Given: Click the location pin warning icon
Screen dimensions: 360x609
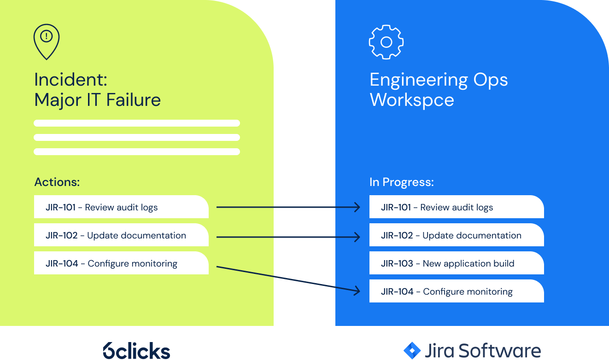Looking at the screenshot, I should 47,41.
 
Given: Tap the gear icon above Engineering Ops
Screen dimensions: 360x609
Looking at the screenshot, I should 386,42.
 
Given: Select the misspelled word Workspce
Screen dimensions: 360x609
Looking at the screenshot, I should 412,100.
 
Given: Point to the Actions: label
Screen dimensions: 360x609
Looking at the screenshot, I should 57,182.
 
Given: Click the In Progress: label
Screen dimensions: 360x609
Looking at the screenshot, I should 401,182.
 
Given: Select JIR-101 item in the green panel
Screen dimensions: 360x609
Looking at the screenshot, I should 121,207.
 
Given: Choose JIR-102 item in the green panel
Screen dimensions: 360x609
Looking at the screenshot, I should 121,235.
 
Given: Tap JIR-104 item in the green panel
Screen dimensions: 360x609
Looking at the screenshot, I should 121,263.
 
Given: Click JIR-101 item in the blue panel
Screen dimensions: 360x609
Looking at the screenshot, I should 456,207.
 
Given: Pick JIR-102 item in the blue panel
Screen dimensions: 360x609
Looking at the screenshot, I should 456,235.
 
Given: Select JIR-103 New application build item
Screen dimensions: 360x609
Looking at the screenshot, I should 456,263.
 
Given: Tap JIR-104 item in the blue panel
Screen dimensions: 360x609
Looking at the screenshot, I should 456,291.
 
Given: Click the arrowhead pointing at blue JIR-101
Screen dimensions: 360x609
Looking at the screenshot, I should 357,207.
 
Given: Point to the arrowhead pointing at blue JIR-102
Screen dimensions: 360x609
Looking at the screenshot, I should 357,237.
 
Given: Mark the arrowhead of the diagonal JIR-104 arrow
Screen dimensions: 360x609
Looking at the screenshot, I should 357,290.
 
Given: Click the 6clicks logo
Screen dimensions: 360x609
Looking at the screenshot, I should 136,350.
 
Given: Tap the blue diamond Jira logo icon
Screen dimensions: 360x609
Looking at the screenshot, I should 412,350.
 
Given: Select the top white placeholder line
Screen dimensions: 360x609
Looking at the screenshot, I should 137,123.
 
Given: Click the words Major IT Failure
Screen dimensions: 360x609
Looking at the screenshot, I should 97,100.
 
